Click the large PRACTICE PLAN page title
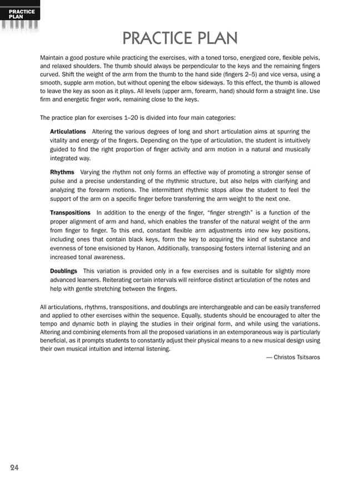(180, 38)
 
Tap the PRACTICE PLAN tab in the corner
(21, 13)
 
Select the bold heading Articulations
(68, 132)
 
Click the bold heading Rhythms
(62, 172)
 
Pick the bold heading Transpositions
(70, 213)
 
